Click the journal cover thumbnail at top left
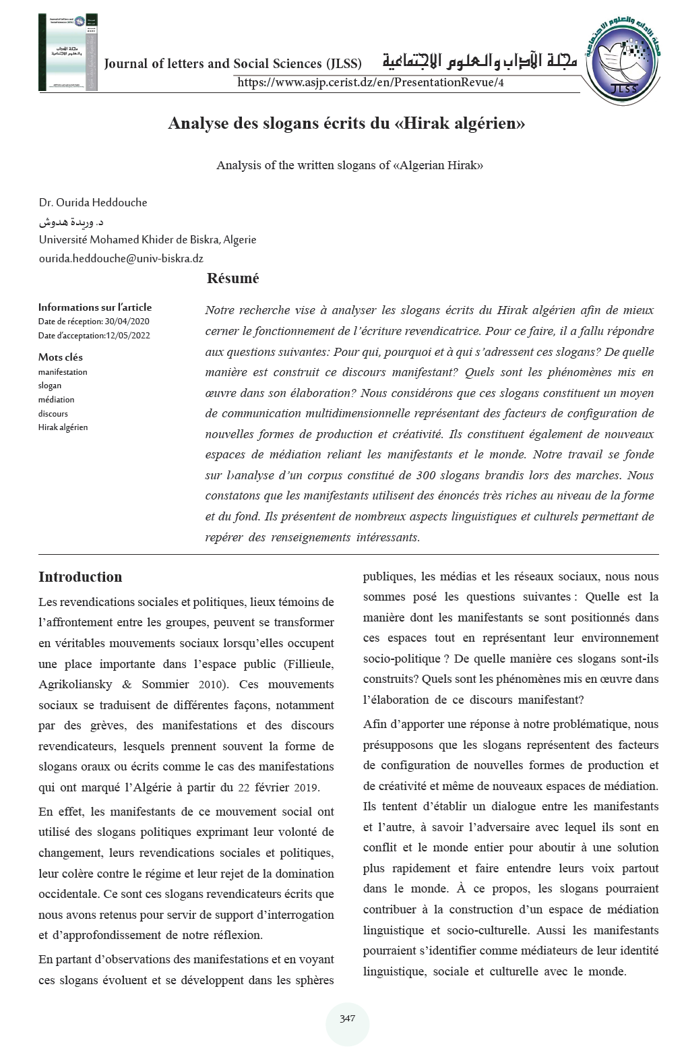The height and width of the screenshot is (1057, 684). (68, 52)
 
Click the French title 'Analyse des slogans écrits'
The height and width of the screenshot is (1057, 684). (346, 124)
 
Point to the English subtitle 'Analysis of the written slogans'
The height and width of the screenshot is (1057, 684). (349, 165)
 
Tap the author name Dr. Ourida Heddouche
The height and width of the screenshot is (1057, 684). (93, 202)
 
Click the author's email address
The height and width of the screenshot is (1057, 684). (121, 258)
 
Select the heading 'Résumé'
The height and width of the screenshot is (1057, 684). (232, 278)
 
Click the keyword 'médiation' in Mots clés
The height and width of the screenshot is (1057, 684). (56, 400)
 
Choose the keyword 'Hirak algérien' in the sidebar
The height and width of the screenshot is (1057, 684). (63, 427)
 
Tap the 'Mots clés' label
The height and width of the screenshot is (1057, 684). (60, 357)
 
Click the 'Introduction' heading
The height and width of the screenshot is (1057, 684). (80, 577)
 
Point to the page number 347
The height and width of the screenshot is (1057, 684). (347, 1019)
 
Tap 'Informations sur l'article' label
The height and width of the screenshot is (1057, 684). (94, 307)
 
